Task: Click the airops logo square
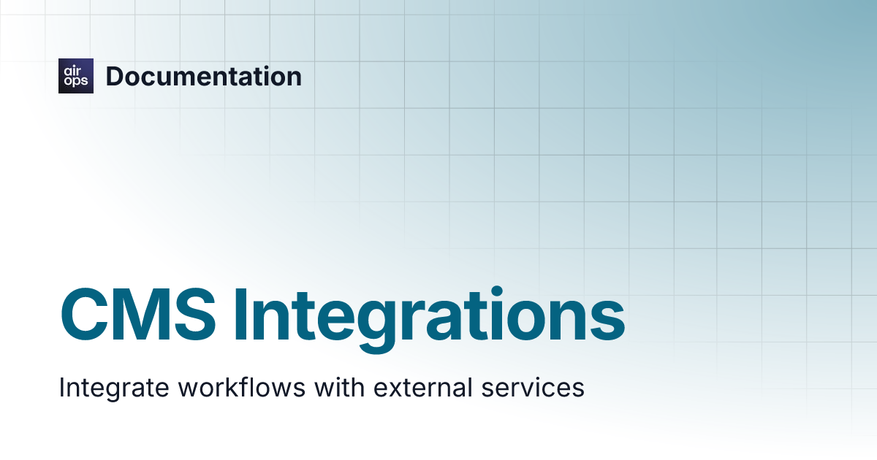pyautogui.click(x=76, y=76)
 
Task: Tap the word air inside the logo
pyautogui.click(x=72, y=71)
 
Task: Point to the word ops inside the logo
pyautogui.click(x=76, y=81)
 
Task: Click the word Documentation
pyautogui.click(x=204, y=76)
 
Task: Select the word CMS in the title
pyautogui.click(x=138, y=315)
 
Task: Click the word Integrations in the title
pyautogui.click(x=429, y=320)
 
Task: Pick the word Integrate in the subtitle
pyautogui.click(x=114, y=388)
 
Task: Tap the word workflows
pyautogui.click(x=242, y=387)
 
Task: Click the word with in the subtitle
pyautogui.click(x=339, y=387)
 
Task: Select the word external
pyautogui.click(x=423, y=387)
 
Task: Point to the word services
pyautogui.click(x=533, y=388)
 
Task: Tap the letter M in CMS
pyautogui.click(x=140, y=315)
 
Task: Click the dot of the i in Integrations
pyautogui.click(x=497, y=292)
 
